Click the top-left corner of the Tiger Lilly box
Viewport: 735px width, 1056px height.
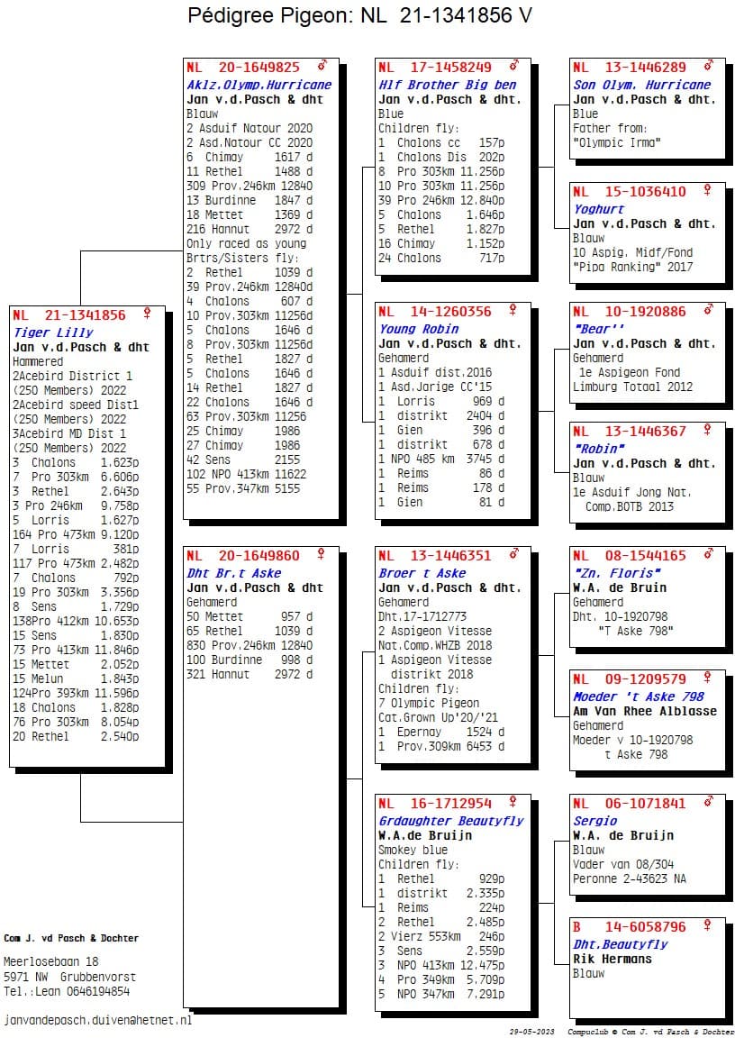pyautogui.click(x=9, y=305)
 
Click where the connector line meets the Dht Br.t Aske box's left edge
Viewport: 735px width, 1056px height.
pyautogui.click(x=183, y=822)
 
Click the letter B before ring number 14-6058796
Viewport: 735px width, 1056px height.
pyautogui.click(x=576, y=926)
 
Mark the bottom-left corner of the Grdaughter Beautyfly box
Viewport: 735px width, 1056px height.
pyautogui.click(x=375, y=1011)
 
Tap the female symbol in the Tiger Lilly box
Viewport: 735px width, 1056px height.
pyautogui.click(x=147, y=314)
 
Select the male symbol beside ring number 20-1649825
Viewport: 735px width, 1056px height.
pyautogui.click(x=322, y=66)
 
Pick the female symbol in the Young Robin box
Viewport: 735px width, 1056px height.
pyautogui.click(x=513, y=310)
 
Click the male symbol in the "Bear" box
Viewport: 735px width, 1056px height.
pyautogui.click(x=708, y=310)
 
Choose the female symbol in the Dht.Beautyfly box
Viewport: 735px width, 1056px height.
pyautogui.click(x=707, y=925)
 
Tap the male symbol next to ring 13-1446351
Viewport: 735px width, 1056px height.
pyautogui.click(x=514, y=553)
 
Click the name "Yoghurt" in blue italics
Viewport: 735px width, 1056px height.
pyautogui.click(x=598, y=209)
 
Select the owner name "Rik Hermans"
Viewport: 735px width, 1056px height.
pyautogui.click(x=612, y=959)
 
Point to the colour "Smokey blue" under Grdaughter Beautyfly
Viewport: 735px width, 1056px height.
pyautogui.click(x=413, y=850)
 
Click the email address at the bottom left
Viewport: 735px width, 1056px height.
pyautogui.click(x=97, y=1020)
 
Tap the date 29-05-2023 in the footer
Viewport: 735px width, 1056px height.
pyautogui.click(x=531, y=1032)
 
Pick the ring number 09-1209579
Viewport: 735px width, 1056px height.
pyautogui.click(x=646, y=678)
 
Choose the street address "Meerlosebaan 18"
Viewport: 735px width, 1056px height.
pyautogui.click(x=50, y=961)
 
